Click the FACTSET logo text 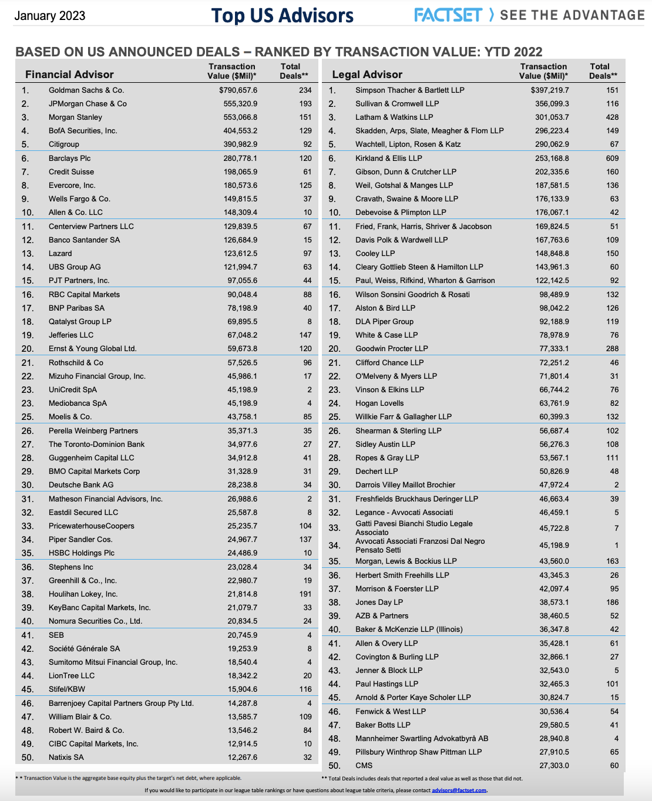click(x=448, y=15)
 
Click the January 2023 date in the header click(x=49, y=16)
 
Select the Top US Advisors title click(x=283, y=16)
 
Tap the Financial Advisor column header click(x=69, y=75)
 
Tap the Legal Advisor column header click(x=367, y=75)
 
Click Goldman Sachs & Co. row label click(x=86, y=90)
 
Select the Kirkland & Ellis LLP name click(x=389, y=159)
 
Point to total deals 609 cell click(x=612, y=159)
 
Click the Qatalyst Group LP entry click(x=80, y=322)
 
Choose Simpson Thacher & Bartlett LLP click(x=410, y=90)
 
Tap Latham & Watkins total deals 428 click(x=612, y=117)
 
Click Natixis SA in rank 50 click(x=66, y=758)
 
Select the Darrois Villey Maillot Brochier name click(x=405, y=485)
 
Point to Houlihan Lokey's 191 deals click(x=305, y=594)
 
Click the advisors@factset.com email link click(x=459, y=790)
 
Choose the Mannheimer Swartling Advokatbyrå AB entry click(x=422, y=739)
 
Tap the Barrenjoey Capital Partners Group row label click(x=121, y=704)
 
